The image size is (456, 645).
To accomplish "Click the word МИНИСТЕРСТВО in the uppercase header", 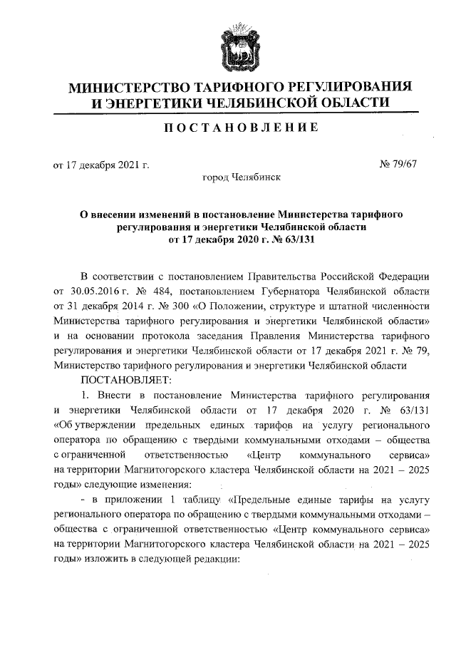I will click(125, 88).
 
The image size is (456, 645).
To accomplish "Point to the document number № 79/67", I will click(399, 164).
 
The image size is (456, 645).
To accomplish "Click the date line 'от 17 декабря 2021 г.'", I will click(100, 165).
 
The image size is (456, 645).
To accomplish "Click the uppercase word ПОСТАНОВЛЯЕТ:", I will click(122, 379).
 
